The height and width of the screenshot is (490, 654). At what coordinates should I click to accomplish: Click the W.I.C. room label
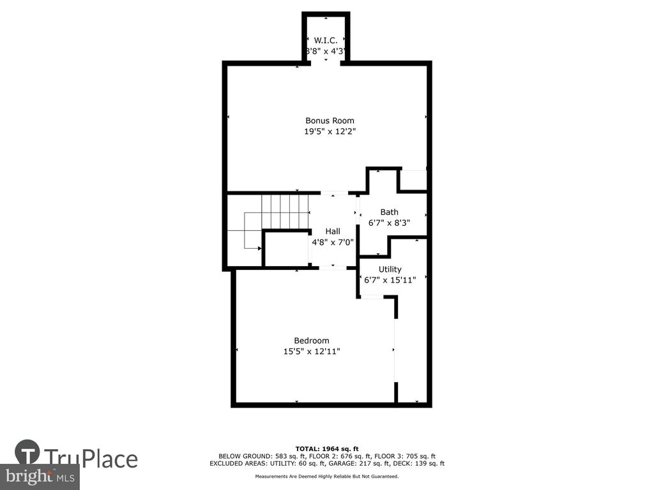point(326,40)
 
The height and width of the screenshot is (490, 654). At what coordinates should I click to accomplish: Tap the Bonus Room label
point(330,121)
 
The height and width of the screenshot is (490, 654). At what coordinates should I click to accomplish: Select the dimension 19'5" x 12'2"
point(330,131)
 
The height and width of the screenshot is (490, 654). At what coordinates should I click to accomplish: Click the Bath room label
point(389,212)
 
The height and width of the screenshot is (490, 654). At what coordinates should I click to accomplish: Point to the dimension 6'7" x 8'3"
point(389,223)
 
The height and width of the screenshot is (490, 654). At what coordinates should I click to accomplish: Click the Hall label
point(333,231)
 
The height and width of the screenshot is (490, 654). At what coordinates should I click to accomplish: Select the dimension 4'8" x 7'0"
point(333,242)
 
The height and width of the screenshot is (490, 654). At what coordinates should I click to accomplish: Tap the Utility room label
point(390,270)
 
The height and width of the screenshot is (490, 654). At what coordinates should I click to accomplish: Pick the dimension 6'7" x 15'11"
point(390,280)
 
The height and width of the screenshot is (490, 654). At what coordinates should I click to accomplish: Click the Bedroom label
point(312,341)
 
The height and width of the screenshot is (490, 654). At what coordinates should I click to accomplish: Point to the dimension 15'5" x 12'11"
point(312,352)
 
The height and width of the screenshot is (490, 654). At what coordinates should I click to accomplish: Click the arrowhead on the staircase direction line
point(259,248)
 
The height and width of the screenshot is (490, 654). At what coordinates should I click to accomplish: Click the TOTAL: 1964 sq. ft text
point(327,449)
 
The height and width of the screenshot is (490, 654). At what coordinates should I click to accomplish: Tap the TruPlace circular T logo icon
point(27,452)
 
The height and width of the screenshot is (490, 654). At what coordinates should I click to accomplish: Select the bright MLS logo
point(40,477)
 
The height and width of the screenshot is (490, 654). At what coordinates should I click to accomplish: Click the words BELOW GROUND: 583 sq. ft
point(250,456)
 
